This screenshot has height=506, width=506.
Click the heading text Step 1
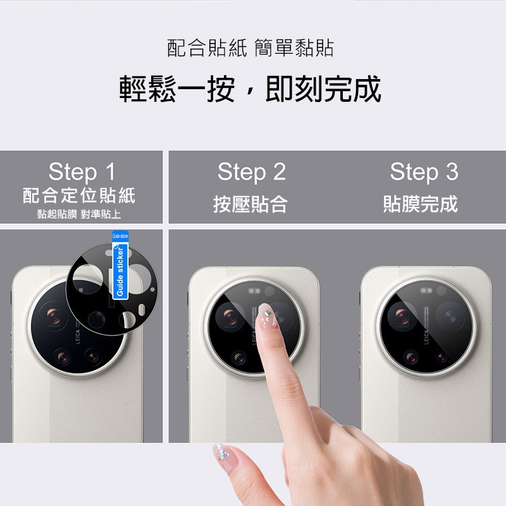click(82, 172)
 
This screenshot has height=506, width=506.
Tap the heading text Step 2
click(251, 172)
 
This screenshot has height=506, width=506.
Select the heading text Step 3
click(424, 172)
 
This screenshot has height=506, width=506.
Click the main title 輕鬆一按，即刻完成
click(251, 89)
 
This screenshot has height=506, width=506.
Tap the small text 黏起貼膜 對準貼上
click(79, 214)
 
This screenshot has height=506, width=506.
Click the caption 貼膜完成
click(421, 204)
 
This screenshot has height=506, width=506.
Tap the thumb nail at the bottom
click(223, 452)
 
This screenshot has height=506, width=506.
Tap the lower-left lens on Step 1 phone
click(63, 357)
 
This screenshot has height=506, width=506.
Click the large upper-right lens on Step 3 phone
click(450, 314)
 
